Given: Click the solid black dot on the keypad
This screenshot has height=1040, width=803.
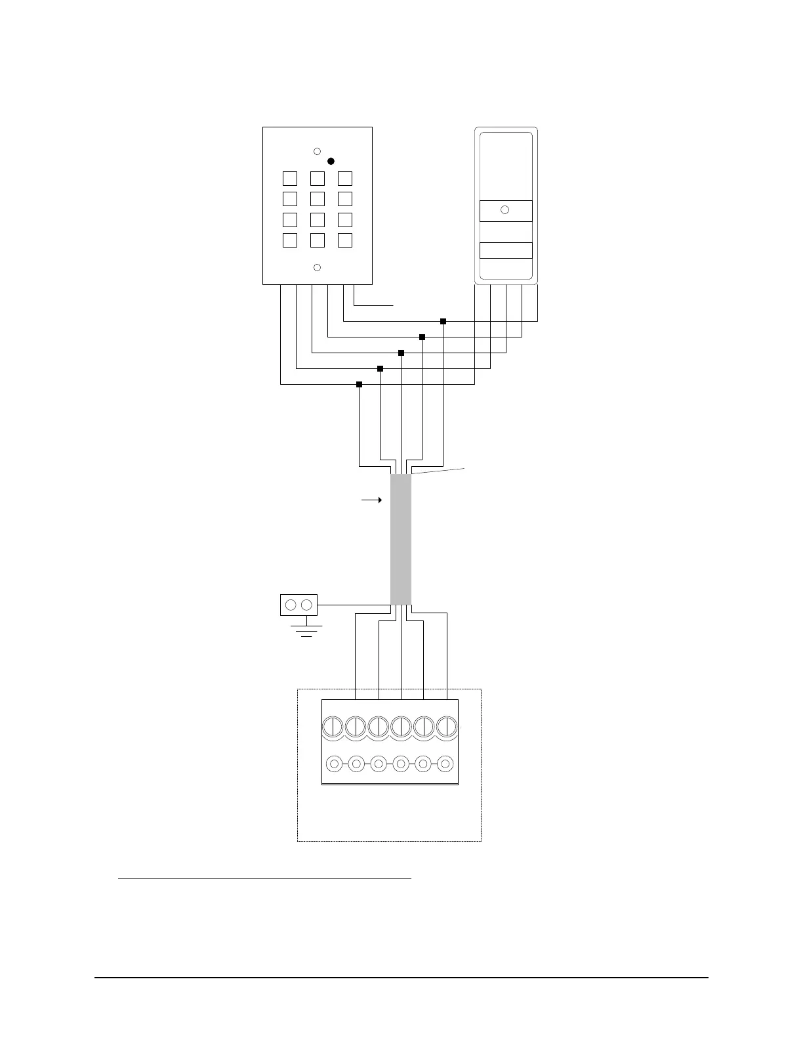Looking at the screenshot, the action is [x=331, y=161].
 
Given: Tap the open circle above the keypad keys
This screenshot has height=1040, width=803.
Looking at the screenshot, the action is [x=317, y=151].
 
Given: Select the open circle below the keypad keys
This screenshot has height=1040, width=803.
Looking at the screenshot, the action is [x=317, y=267].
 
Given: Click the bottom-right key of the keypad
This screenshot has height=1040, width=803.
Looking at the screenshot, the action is [x=345, y=240].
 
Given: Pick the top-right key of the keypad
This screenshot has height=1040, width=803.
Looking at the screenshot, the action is [x=345, y=178].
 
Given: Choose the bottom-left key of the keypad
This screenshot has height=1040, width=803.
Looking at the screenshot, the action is [x=290, y=240].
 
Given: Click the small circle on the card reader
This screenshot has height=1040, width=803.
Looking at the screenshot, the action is [x=504, y=210].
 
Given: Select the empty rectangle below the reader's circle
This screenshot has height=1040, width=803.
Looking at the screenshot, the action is [x=506, y=251].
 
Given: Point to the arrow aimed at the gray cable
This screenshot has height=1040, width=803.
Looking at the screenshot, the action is [x=372, y=500].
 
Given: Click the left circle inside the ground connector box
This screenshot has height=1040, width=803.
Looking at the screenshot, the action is [x=292, y=605].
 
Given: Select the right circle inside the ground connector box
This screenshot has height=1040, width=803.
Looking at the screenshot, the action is [x=306, y=605].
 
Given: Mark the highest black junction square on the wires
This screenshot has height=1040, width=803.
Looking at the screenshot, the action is [x=443, y=321].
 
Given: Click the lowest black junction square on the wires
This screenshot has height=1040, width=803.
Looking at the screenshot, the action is [x=359, y=384].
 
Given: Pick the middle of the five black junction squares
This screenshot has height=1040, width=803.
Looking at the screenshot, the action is [x=401, y=353].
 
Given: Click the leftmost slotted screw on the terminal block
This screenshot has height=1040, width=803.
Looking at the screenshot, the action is [x=333, y=727].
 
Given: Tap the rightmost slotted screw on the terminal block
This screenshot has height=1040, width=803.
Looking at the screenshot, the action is [x=446, y=727].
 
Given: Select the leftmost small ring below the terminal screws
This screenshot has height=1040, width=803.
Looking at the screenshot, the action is [x=334, y=764].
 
